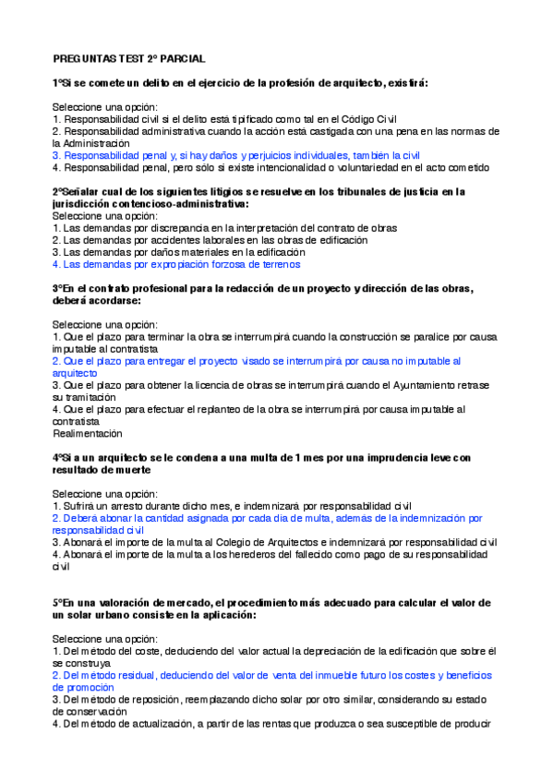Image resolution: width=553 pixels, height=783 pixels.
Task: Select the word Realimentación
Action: (x=88, y=432)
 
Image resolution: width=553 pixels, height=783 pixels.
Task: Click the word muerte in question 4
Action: (x=139, y=469)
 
